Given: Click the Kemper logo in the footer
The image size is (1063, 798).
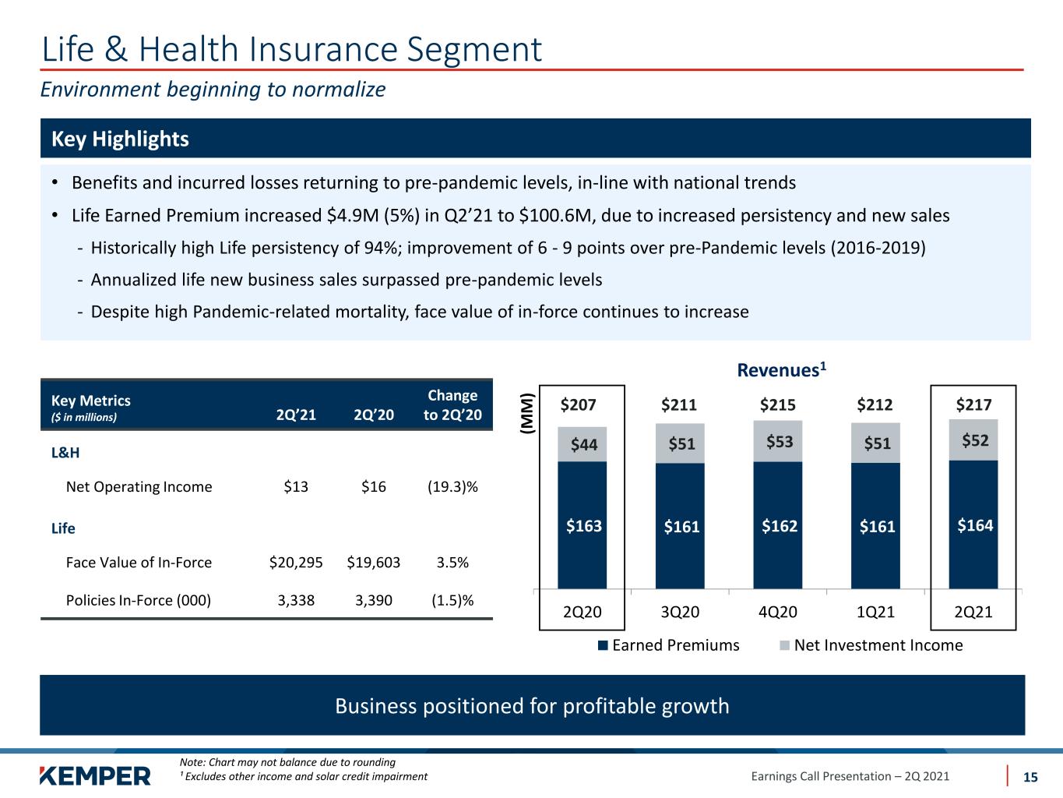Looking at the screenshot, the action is coord(95,775).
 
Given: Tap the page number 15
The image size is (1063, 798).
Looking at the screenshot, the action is coord(1030,777).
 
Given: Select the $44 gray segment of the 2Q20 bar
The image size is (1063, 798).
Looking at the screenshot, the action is coord(582,444).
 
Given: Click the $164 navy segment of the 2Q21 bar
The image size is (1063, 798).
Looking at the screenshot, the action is coord(973,524).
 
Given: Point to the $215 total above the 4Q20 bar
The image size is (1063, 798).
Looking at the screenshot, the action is coord(778,404).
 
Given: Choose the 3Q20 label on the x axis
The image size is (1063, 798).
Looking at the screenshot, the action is coord(680,612).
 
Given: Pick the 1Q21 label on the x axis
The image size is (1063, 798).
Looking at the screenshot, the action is coord(875,612).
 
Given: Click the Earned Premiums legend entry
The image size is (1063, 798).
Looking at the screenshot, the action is coord(669,645).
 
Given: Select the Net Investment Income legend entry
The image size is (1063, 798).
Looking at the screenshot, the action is coord(871,645).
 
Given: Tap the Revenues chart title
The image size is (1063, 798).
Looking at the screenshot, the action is coord(782,369).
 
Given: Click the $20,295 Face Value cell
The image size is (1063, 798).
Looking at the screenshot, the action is coord(296,562).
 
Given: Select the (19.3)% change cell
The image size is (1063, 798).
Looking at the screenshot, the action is coord(452,486).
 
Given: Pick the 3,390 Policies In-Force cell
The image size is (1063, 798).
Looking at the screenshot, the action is coord(373,600).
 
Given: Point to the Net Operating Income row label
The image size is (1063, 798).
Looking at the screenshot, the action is coord(139,486).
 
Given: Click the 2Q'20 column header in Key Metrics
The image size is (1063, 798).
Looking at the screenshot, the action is coord(373,415).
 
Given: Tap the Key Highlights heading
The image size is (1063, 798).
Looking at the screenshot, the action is coord(120,139).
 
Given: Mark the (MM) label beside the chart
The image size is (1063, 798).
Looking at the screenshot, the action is coord(527,413).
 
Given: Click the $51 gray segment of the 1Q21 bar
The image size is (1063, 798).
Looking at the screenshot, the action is coord(875,443).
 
